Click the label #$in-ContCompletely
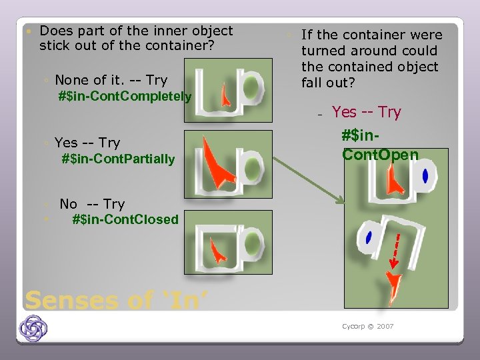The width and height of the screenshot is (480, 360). point(125,97)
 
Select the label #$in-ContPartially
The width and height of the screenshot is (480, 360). point(118,159)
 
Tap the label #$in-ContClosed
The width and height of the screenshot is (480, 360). point(125,219)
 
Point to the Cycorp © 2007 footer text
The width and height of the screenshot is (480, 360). point(367,327)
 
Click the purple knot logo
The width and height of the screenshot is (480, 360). point(33,329)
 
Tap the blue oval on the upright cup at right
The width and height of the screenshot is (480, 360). point(425,176)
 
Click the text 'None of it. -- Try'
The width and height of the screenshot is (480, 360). point(111,80)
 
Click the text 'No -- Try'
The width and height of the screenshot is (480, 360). point(92,204)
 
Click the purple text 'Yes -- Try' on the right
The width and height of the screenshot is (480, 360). point(366,112)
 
